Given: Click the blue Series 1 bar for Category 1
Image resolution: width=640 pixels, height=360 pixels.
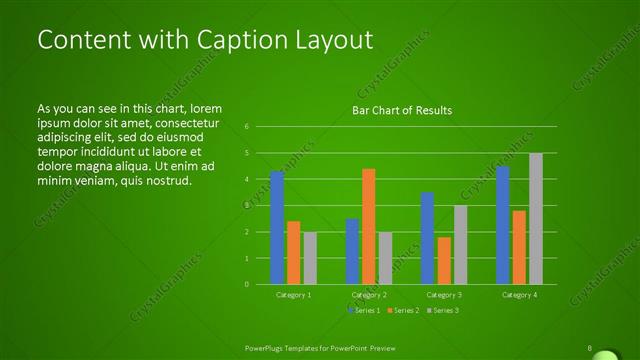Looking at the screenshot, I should (x=277, y=228).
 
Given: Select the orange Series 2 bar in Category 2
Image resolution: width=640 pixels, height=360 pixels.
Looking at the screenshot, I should (x=368, y=227).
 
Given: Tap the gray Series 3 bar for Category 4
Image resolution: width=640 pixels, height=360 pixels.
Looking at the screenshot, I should (x=535, y=219).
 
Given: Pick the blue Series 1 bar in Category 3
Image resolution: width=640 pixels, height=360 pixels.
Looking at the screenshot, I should (x=427, y=238).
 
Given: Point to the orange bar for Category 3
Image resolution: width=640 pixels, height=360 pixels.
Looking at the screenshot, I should (x=443, y=260).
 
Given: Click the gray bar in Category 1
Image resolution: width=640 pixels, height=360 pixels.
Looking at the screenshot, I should (x=310, y=258).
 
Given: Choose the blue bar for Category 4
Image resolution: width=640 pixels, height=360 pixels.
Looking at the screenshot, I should (x=502, y=225).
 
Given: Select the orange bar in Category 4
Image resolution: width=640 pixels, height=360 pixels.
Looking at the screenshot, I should (x=519, y=247).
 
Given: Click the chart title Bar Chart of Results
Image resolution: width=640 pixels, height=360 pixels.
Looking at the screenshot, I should (x=401, y=110).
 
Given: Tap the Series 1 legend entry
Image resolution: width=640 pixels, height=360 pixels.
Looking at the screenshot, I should (x=363, y=311).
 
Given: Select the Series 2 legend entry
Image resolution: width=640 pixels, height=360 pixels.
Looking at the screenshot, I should (x=402, y=311).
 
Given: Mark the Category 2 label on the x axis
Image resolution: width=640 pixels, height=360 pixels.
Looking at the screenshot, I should (x=369, y=295).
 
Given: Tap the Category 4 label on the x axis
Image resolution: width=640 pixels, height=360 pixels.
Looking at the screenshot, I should (x=519, y=295).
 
